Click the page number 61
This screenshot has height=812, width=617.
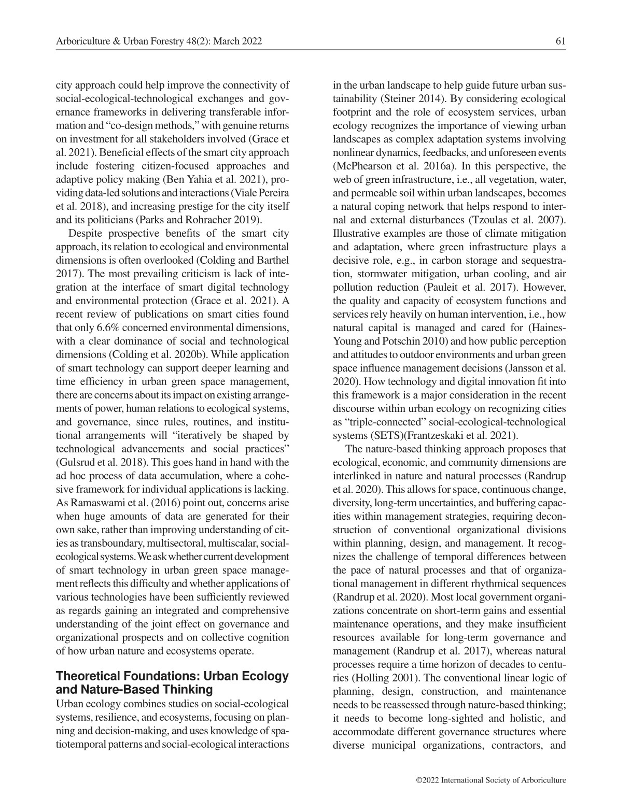point(560,41)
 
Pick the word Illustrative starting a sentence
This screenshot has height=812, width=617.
point(358,233)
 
